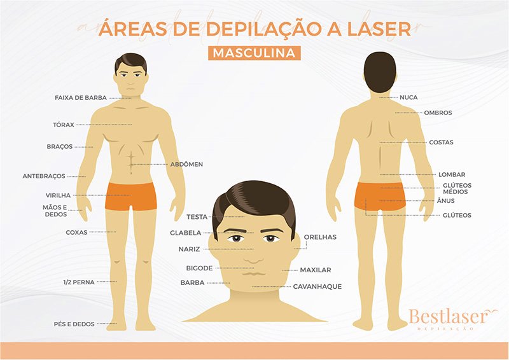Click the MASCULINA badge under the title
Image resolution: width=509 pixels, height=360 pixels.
pos(254,53)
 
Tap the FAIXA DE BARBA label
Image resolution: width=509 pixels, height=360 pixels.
pos(81,98)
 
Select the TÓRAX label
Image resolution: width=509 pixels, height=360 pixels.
pos(64,125)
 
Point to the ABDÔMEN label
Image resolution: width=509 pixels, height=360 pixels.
pos(186,164)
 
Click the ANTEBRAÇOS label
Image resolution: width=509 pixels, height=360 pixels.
pos(44,176)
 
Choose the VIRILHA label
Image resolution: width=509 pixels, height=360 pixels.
pos(58,195)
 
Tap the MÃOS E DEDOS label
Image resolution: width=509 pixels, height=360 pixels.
pos(55,211)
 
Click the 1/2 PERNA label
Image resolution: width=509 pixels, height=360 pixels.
pos(79,282)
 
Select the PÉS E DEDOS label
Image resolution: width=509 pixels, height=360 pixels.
pos(74,324)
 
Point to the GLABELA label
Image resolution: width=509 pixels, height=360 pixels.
pos(186,233)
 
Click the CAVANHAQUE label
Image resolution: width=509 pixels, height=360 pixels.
pos(317,287)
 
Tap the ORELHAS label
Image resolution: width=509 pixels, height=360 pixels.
pos(320,237)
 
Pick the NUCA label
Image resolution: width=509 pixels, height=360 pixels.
pos(408,97)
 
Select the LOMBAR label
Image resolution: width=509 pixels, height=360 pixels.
pos(452,175)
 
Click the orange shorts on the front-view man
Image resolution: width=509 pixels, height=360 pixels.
pos(131,197)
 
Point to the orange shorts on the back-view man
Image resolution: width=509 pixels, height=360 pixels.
pos(380,196)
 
